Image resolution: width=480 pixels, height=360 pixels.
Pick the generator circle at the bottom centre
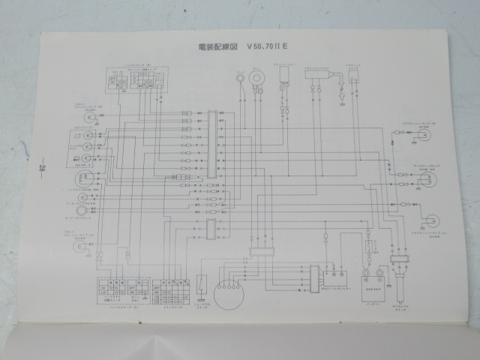point(230,287)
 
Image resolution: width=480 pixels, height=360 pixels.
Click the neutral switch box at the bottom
point(201,286)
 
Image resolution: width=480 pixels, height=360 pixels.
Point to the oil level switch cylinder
point(398,267)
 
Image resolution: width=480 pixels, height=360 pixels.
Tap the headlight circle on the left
point(83,180)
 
